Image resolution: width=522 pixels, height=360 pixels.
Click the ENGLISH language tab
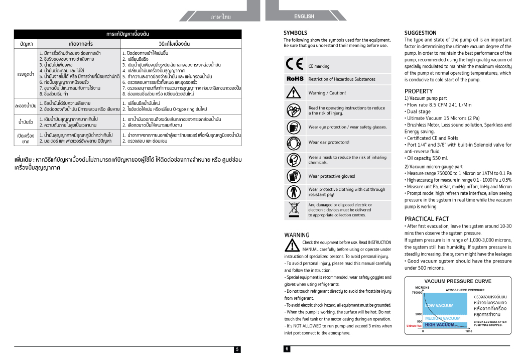click(304, 17)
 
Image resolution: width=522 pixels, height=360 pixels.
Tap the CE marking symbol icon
click(295, 65)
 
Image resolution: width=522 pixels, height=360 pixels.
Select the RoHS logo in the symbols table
click(295, 79)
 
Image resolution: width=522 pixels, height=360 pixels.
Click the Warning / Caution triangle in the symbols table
click(295, 93)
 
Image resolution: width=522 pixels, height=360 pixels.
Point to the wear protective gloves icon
click(295, 176)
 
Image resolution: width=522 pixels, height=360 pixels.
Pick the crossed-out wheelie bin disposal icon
click(295, 210)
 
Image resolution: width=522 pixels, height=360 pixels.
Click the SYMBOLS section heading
click(296, 33)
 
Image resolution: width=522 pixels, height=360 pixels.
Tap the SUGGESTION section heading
click(421, 33)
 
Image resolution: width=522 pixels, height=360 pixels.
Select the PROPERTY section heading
click(419, 91)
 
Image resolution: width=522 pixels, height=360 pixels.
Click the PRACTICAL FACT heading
click(427, 219)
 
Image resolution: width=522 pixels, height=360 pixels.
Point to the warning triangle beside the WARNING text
click(292, 245)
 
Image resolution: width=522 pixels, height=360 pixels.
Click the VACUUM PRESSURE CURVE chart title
click(458, 281)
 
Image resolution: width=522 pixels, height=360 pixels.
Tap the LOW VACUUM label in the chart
click(439, 305)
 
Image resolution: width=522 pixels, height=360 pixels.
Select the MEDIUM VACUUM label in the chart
click(443, 318)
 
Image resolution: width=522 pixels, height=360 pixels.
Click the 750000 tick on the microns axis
click(417, 292)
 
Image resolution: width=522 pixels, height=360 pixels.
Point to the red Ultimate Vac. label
click(414, 326)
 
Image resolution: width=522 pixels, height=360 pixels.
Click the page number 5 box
click(237, 349)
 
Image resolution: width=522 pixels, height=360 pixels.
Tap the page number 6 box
click(287, 349)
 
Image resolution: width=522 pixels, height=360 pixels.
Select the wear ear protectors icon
click(295, 142)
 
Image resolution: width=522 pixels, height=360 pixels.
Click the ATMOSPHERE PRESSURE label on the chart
click(465, 290)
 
